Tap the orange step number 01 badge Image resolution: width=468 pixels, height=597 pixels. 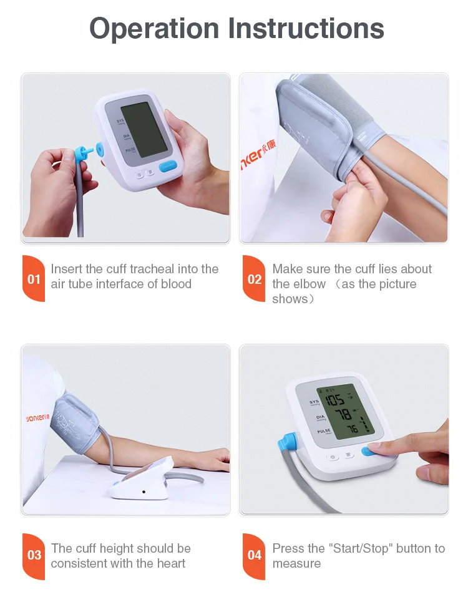tap(34, 279)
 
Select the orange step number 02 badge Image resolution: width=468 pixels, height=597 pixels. tap(254, 279)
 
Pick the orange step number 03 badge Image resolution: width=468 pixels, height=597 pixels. tap(34, 555)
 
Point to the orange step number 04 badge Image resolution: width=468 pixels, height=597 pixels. tap(254, 555)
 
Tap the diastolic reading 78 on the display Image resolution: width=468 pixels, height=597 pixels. tap(343, 415)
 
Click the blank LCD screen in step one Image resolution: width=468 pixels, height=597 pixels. tap(144, 130)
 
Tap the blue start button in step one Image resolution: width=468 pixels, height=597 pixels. tap(168, 167)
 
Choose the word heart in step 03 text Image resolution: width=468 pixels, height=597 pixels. tap(170, 563)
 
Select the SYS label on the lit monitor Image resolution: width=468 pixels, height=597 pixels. tap(314, 402)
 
